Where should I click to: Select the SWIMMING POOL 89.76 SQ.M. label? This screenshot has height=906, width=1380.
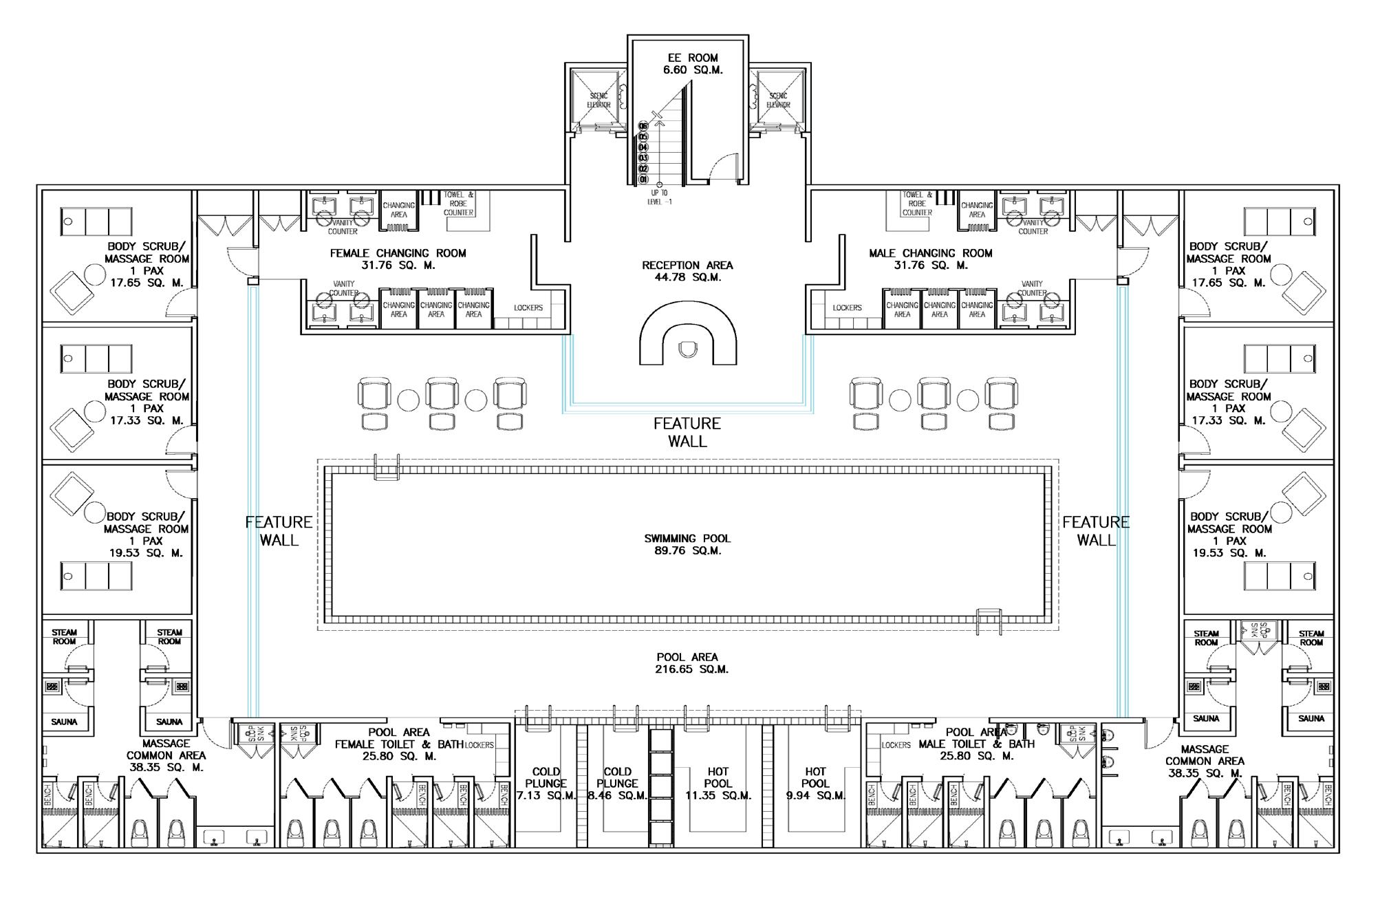[687, 544]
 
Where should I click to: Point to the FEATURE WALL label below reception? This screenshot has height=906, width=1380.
[687, 432]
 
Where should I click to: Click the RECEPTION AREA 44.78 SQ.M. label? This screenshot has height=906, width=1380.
[687, 271]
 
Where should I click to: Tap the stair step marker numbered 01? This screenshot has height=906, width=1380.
[643, 180]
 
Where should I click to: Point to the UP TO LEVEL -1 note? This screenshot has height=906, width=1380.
[659, 197]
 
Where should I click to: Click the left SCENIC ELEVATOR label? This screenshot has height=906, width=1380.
[599, 100]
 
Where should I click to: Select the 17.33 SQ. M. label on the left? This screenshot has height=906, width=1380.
[147, 420]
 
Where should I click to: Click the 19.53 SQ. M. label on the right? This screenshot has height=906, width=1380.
[1229, 552]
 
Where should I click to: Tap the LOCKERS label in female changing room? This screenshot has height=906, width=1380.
[528, 308]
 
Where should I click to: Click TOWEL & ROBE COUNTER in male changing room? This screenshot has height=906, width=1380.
[917, 204]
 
